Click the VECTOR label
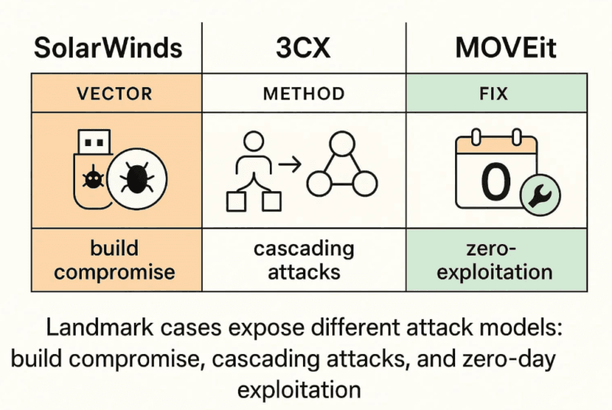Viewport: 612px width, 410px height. click(115, 94)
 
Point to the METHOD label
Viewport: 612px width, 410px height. click(304, 94)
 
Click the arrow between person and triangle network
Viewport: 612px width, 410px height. click(288, 164)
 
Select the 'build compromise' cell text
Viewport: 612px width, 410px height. click(115, 260)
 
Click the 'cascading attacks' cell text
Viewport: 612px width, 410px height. click(304, 260)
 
